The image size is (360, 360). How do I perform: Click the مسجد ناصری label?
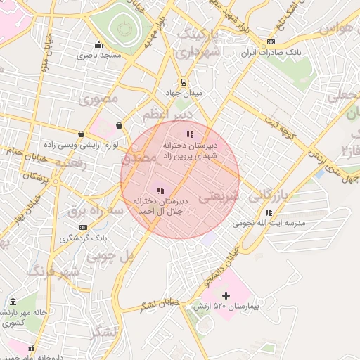103,54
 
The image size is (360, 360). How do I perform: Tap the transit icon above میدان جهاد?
184,82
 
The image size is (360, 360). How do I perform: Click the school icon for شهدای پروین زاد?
188,134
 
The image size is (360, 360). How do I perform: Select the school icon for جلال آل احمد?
160,190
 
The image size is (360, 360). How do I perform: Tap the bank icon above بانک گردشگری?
84,227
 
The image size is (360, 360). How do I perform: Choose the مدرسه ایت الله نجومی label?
270,223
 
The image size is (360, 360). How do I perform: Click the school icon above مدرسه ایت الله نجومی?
269,212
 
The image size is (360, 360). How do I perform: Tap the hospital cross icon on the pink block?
226,295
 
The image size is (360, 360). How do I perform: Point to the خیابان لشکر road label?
160,304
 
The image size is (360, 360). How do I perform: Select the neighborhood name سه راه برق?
96,210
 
